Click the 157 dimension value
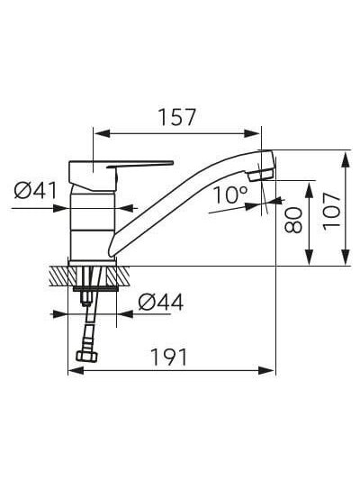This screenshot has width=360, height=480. (x=176, y=117)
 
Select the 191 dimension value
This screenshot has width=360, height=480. (x=169, y=358)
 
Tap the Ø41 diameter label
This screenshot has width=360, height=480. (x=35, y=191)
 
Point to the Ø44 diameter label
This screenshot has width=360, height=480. (x=161, y=303)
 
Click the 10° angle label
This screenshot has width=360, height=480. (x=230, y=195)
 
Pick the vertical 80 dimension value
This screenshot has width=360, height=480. (x=293, y=220)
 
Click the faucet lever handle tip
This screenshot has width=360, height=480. (x=172, y=162)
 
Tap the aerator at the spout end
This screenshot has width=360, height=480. (x=260, y=176)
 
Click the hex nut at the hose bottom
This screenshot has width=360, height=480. (x=87, y=356)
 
